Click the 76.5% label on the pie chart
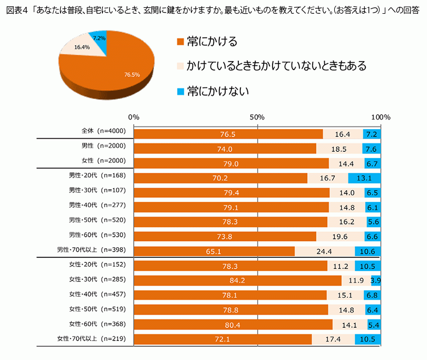tap(132, 75)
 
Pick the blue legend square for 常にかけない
tap(180, 92)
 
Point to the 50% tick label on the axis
tap(257, 117)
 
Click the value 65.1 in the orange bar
tap(213, 251)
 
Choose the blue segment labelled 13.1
tap(364, 178)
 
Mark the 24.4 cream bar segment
tap(324, 251)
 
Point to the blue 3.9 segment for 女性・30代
tap(376, 280)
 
